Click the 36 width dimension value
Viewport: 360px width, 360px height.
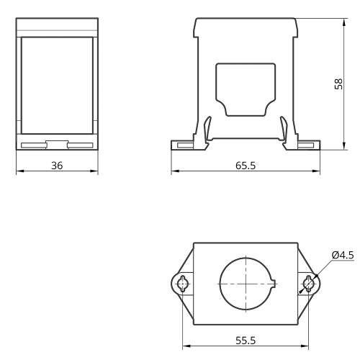(57, 166)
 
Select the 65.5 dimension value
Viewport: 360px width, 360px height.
(246, 166)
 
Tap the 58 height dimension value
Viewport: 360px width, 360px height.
(338, 84)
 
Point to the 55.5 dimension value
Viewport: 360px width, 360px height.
(246, 341)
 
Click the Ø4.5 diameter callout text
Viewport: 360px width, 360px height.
(343, 255)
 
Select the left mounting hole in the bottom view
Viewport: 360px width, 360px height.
(183, 284)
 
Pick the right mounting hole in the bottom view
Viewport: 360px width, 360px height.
(308, 284)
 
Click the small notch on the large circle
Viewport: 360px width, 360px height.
(274, 284)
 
